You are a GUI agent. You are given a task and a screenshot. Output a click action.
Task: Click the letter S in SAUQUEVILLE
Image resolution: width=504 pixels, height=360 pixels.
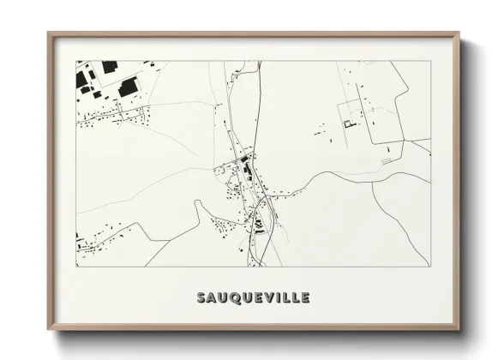(x=201, y=298)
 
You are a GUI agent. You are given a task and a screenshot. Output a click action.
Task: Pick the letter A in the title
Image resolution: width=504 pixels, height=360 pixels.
(x=212, y=298)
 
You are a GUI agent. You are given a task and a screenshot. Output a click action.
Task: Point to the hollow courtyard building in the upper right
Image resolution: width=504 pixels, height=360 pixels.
(x=348, y=125)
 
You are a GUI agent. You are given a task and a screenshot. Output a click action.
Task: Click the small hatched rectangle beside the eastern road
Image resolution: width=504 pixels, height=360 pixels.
(x=386, y=159)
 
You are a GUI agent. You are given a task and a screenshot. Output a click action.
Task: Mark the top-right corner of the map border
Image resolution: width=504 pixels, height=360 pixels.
(x=429, y=61)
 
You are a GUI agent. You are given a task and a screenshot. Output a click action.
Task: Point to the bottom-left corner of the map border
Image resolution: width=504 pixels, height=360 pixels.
(x=76, y=266)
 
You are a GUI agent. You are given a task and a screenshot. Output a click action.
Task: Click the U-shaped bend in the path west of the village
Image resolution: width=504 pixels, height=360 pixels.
(x=200, y=202)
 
